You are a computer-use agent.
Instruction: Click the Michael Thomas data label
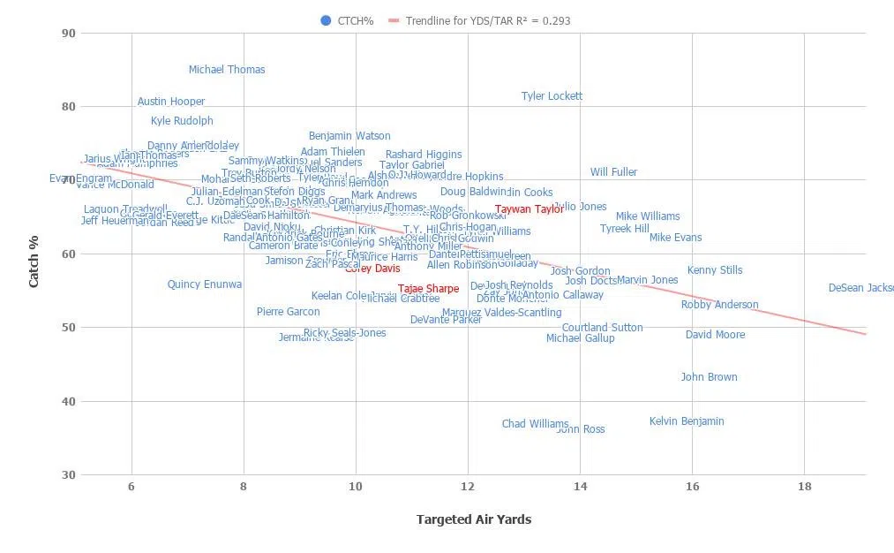(227, 70)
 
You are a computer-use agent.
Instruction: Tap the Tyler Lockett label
(552, 96)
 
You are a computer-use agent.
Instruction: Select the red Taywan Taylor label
(529, 209)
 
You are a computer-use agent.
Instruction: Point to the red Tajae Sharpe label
(428, 289)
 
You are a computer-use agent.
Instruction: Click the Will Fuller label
(613, 172)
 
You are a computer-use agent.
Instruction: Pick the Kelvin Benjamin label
(687, 421)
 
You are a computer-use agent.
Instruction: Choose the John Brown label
(709, 377)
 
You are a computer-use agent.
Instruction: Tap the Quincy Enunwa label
(205, 284)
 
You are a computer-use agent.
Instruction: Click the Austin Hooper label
(171, 102)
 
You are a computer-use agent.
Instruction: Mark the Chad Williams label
(535, 424)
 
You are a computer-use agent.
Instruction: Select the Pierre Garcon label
(288, 312)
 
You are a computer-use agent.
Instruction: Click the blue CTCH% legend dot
(327, 20)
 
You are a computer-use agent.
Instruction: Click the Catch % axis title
(34, 254)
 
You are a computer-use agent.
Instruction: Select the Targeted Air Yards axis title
(474, 519)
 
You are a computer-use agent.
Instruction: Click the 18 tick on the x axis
(804, 487)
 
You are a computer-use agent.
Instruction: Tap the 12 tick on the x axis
(468, 487)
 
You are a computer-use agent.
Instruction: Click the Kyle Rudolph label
(182, 121)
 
